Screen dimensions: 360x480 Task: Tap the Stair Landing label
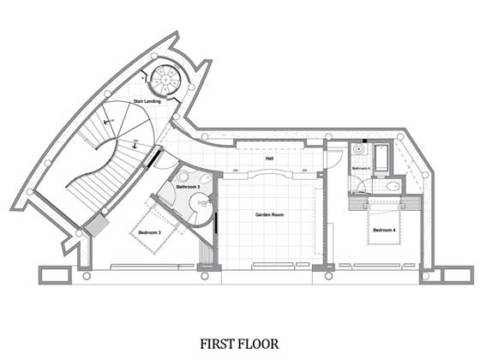(x=147, y=102)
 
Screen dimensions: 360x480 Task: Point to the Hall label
(x=269, y=159)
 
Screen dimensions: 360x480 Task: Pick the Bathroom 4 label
(x=361, y=169)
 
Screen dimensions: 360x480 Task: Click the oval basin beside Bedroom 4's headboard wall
(x=394, y=185)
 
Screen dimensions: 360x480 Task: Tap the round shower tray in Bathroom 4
(x=358, y=150)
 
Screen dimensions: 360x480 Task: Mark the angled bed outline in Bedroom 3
(x=154, y=227)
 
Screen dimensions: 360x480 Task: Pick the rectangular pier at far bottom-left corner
(x=52, y=275)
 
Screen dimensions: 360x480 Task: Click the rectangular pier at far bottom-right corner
(x=459, y=275)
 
